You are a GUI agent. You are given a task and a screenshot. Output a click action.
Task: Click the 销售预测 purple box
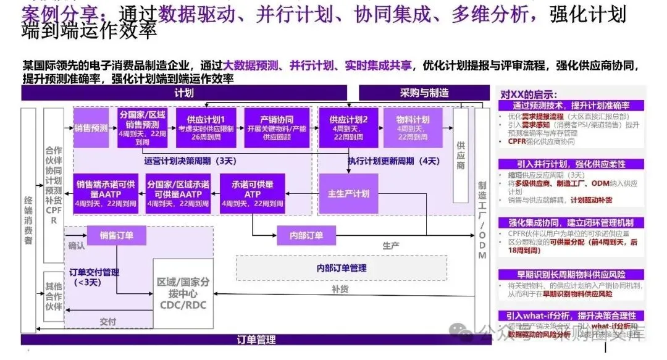pyautogui.click(x=91, y=128)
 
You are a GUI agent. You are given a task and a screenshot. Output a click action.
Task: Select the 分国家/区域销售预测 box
pyautogui.click(x=143, y=128)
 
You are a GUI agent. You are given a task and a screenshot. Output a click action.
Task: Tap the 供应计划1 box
pyautogui.click(x=206, y=128)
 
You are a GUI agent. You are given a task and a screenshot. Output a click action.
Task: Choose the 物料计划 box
pyautogui.click(x=413, y=128)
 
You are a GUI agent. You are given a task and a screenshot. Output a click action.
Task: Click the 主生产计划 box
pyautogui.click(x=348, y=194)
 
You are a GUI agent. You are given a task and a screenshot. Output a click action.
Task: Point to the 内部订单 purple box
pyautogui.click(x=306, y=235)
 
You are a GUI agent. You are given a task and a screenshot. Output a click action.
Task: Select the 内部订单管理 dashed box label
pyautogui.click(x=341, y=268)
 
